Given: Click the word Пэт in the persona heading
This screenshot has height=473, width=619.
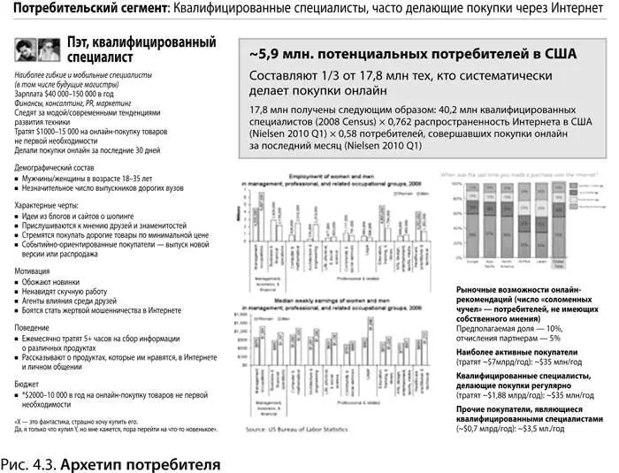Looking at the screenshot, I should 81,42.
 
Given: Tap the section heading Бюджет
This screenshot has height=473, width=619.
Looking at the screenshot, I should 27,384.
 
